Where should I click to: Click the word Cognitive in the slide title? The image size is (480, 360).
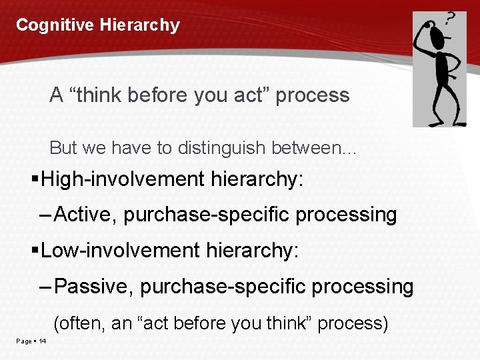point(55,25)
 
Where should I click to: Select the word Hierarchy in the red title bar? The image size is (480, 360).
point(140,25)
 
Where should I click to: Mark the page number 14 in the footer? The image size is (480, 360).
point(43,341)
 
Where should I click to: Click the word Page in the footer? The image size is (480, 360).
point(24,341)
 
